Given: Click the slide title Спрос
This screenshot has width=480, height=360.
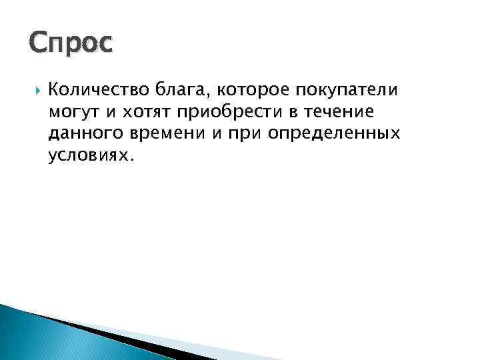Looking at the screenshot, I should click(x=72, y=43).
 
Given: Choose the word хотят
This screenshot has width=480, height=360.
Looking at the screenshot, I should click(x=143, y=113).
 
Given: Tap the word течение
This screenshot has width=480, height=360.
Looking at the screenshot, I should click(x=346, y=113).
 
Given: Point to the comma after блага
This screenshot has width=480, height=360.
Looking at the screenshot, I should click(x=211, y=95).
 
